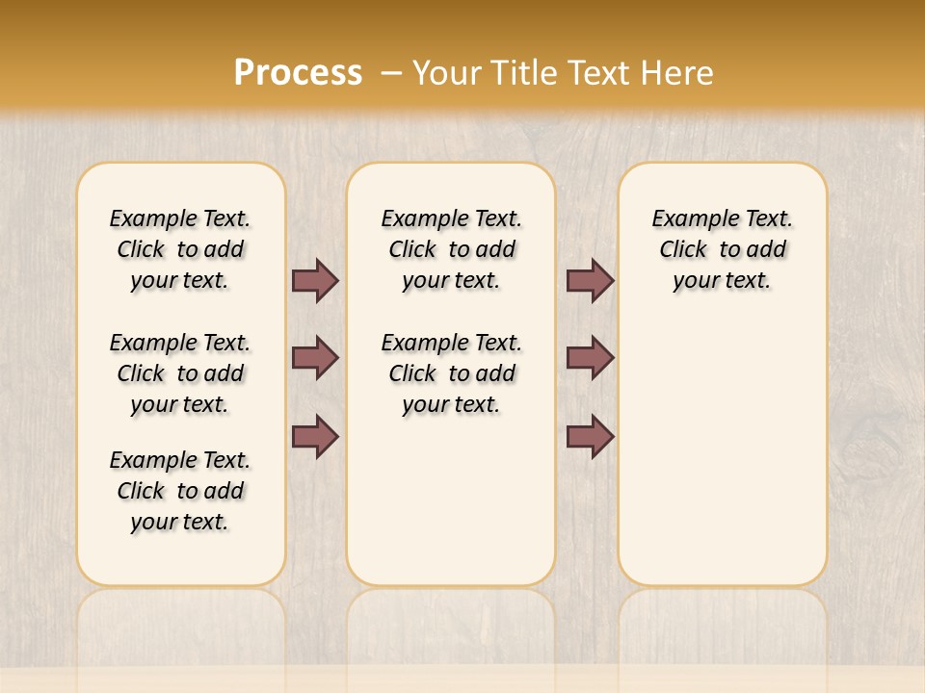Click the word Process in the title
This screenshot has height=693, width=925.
[x=298, y=73]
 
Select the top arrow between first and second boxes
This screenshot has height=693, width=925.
[x=315, y=280]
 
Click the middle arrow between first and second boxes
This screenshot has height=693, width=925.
[x=315, y=358]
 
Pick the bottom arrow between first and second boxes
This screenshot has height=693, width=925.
[x=315, y=436]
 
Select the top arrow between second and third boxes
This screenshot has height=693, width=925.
[x=590, y=280]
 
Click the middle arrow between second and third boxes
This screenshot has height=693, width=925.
[x=590, y=358]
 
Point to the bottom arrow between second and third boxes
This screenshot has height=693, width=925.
[x=590, y=436]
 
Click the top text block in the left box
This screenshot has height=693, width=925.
[x=180, y=249]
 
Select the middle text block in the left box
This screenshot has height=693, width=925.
[x=180, y=373]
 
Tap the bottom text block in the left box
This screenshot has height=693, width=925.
[x=180, y=491]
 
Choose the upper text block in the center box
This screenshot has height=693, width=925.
[x=452, y=249]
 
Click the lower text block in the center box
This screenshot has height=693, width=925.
[x=452, y=373]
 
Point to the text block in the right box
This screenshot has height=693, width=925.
[x=723, y=249]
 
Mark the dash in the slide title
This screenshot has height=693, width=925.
[x=391, y=73]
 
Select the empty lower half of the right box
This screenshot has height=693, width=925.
[x=723, y=452]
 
